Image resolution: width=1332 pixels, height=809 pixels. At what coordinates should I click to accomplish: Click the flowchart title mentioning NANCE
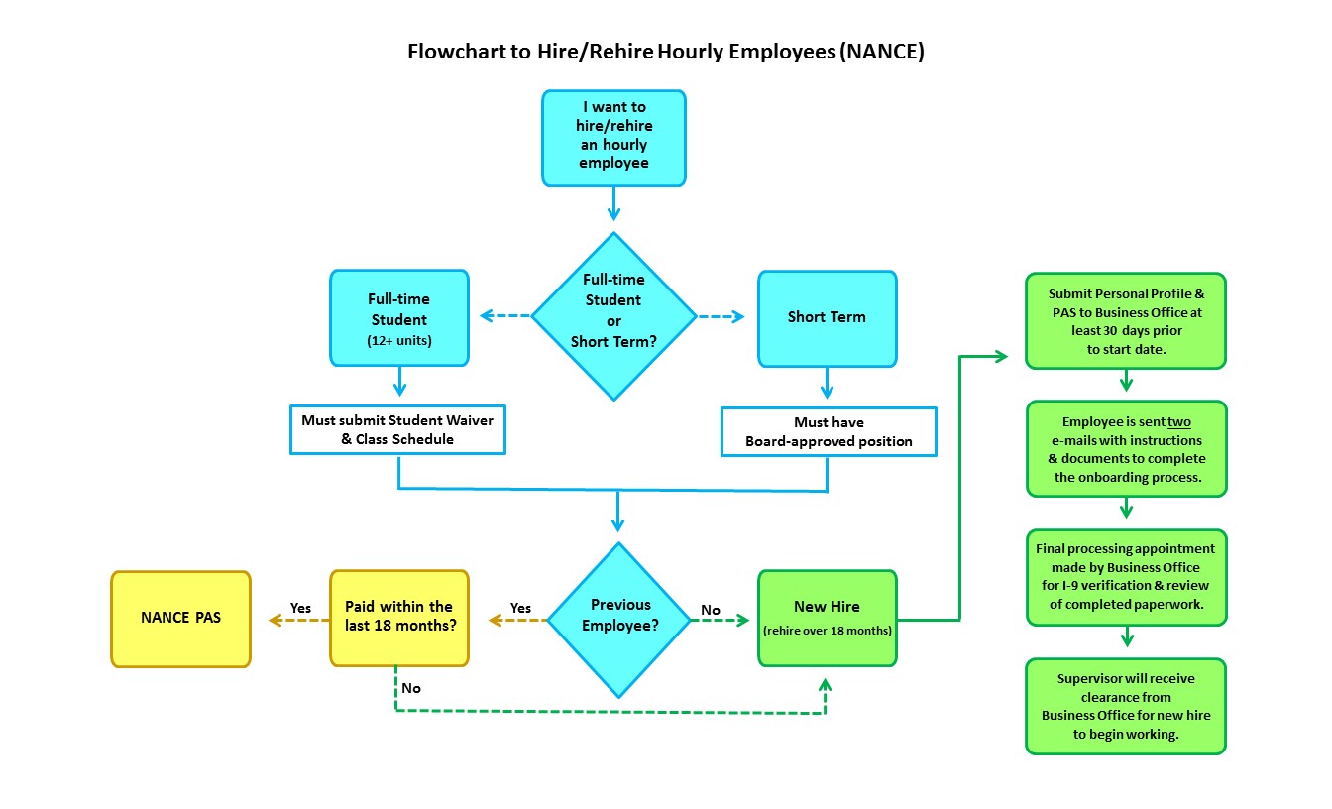click(665, 53)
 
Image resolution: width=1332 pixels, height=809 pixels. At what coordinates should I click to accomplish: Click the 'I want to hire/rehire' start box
click(613, 138)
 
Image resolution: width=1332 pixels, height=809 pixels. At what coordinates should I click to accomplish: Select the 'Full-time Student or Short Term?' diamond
click(614, 316)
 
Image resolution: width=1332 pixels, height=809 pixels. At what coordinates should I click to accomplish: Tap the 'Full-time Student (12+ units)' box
click(398, 316)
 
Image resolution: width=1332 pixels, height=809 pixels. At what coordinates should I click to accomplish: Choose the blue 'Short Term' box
click(827, 317)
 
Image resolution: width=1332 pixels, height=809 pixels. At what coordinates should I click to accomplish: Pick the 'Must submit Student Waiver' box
click(397, 429)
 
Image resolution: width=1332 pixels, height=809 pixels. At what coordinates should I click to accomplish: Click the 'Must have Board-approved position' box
click(829, 431)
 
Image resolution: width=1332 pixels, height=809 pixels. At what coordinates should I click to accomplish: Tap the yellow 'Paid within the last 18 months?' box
click(398, 617)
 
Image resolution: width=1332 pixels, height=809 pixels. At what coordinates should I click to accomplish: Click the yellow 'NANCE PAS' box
click(180, 618)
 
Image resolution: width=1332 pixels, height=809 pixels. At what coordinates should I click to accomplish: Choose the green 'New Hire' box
click(827, 617)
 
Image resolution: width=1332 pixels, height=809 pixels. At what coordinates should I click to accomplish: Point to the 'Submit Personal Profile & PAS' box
click(1126, 321)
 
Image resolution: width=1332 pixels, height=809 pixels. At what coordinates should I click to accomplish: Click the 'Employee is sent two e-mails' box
click(1126, 448)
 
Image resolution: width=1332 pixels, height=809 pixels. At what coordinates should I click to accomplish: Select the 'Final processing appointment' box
click(1126, 577)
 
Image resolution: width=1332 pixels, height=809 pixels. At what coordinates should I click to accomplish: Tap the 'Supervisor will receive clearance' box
click(1126, 706)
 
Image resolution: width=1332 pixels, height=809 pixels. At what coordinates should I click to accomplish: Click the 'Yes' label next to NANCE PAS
click(301, 607)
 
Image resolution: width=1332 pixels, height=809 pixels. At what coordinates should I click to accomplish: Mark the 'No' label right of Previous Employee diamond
click(711, 610)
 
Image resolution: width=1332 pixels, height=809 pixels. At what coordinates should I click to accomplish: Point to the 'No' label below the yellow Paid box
click(411, 688)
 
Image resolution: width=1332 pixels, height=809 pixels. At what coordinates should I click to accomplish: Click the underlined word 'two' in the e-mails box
click(1178, 421)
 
